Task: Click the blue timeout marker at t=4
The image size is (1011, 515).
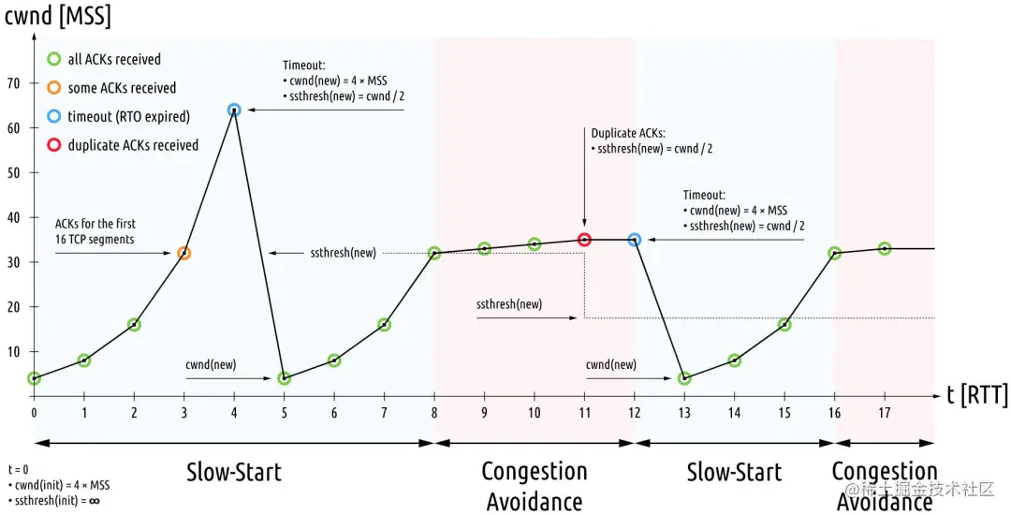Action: coord(234,110)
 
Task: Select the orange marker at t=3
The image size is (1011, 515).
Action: coord(183,253)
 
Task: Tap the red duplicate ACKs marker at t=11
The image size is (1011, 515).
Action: coord(584,240)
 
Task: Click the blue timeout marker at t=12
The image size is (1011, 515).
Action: coord(635,240)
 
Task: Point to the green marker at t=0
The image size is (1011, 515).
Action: coord(34,378)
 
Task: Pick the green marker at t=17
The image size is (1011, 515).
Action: coord(885,248)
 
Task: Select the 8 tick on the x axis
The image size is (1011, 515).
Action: coord(434,412)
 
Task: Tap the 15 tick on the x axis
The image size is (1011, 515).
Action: coord(784,412)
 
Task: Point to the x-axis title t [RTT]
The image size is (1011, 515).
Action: coord(977,396)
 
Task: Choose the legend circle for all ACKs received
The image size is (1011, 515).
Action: coord(53,59)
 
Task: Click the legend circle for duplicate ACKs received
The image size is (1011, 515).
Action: coord(53,145)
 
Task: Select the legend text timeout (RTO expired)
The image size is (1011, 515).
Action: coord(128,117)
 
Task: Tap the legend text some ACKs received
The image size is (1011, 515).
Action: coord(122,88)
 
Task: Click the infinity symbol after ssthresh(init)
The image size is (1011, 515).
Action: coord(94,500)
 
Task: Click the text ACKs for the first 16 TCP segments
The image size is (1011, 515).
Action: coord(95,230)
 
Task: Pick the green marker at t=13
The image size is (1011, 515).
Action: coord(684,378)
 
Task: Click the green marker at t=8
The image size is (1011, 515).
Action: coord(434,253)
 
